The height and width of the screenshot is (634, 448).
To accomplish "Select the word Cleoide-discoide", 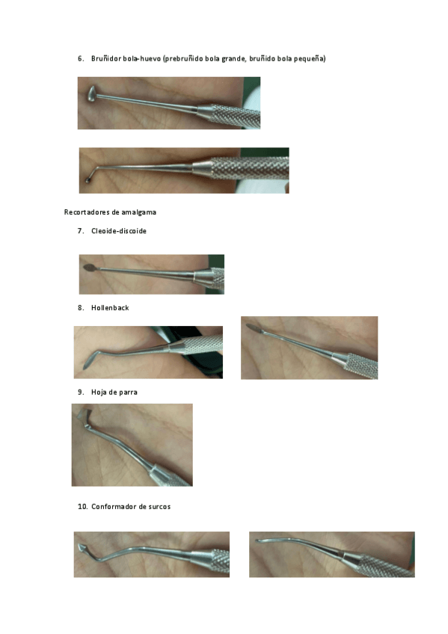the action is tap(119, 231).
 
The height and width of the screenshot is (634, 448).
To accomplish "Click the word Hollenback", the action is tap(110, 308).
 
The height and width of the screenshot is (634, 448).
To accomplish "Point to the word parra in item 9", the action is tap(128, 393).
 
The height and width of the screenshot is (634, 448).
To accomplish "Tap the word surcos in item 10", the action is tap(160, 507).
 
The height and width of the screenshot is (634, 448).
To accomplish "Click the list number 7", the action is tap(81, 231).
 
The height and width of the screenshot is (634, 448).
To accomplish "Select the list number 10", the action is tap(82, 507).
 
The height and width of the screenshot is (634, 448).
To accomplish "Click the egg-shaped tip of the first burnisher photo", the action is tap(92, 93).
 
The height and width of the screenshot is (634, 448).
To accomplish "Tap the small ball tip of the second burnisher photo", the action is tap(88, 180).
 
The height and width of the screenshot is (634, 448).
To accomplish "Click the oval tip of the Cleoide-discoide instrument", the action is tap(89, 267).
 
